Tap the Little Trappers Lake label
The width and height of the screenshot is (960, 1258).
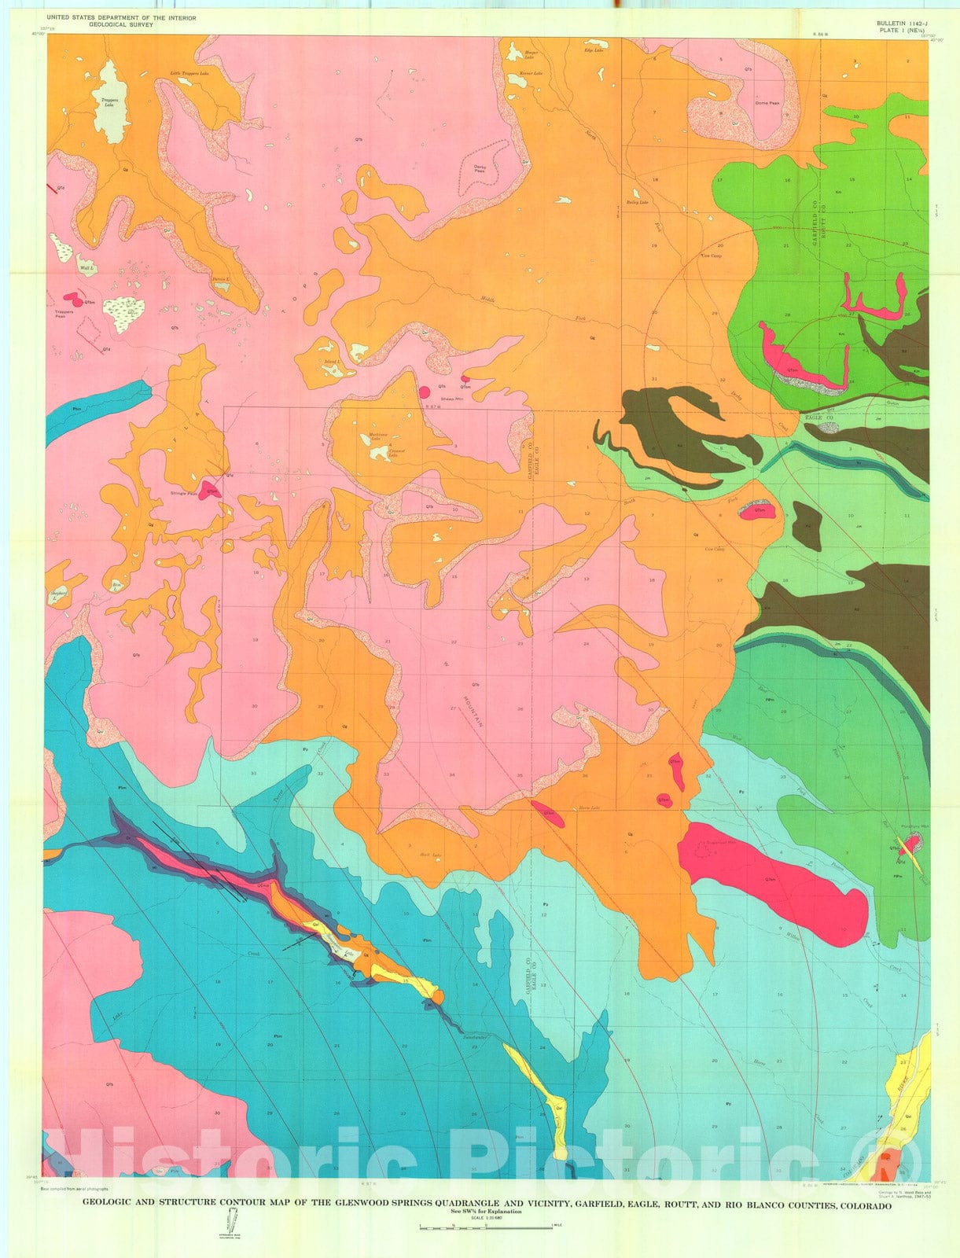pos(189,74)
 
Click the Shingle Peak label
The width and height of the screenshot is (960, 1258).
pos(184,494)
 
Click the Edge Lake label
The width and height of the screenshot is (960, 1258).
pos(593,50)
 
